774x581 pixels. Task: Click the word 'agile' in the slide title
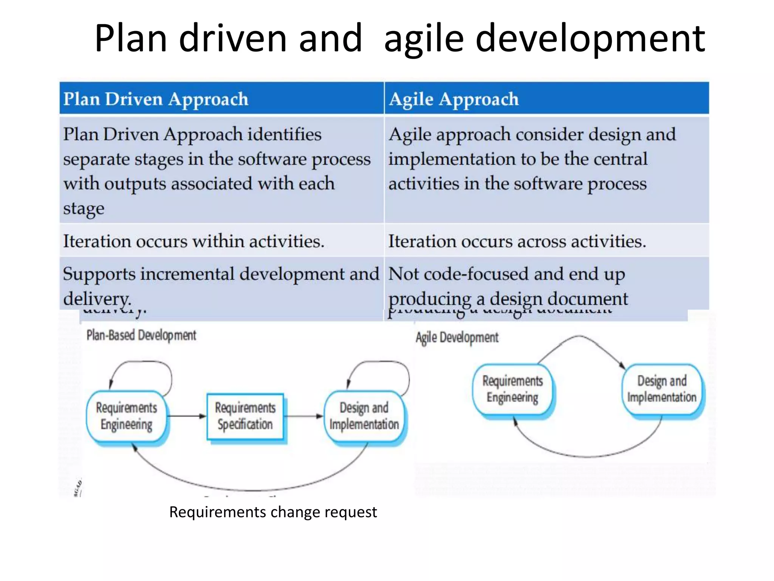click(x=424, y=39)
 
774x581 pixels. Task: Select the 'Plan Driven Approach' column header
click(x=156, y=99)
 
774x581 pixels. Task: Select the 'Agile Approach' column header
click(x=454, y=99)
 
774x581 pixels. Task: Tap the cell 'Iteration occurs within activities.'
click(x=193, y=241)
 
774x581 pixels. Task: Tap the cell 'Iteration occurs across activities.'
click(x=517, y=241)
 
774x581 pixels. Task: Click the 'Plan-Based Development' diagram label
click(x=141, y=335)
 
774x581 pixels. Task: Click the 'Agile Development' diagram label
click(x=457, y=337)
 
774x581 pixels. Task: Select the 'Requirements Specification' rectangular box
click(x=245, y=416)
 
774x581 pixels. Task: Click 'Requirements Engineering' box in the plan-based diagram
click(x=126, y=416)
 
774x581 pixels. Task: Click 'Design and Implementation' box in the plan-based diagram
click(x=364, y=416)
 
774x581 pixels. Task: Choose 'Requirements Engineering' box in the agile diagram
click(x=512, y=389)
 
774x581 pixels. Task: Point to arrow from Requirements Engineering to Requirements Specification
click(x=186, y=416)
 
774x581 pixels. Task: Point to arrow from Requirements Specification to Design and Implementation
click(x=303, y=416)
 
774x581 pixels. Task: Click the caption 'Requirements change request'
click(x=273, y=512)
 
